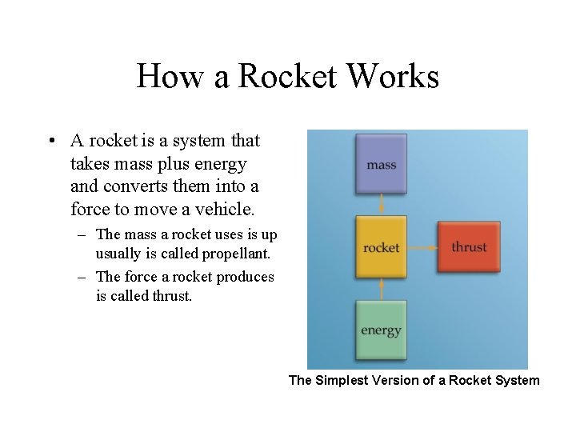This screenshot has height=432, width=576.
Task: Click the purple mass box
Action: point(382,164)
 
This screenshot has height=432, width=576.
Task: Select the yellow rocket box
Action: point(382,247)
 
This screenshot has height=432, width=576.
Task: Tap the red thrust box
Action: point(469,247)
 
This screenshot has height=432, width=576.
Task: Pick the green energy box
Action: point(382,329)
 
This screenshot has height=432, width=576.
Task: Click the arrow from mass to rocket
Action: point(382,205)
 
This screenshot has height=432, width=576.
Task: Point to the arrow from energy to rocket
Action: point(382,288)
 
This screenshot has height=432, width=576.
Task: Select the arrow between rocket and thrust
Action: point(423,247)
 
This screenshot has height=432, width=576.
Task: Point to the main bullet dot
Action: point(50,142)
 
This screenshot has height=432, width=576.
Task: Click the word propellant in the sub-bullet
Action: point(234,254)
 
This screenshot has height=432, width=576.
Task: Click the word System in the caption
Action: point(518,380)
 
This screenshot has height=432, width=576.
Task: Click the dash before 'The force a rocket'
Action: point(82,277)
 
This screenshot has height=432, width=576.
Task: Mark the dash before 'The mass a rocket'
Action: point(82,234)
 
